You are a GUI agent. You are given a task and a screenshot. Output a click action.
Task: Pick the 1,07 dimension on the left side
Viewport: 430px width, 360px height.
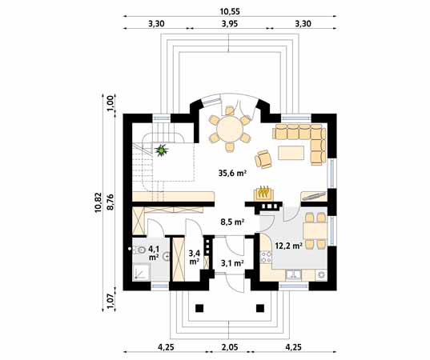111,301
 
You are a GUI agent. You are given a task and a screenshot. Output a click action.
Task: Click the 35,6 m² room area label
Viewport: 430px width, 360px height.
231,172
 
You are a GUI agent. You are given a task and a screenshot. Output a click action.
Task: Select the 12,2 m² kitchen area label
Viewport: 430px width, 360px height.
287,246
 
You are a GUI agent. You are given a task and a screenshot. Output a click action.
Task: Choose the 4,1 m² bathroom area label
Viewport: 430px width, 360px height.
154,253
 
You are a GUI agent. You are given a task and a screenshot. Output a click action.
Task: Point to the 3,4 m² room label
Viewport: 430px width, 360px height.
194,257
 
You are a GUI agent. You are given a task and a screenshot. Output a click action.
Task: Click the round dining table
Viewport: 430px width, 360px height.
229,129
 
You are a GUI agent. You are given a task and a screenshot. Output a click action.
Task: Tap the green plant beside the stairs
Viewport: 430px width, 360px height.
163,149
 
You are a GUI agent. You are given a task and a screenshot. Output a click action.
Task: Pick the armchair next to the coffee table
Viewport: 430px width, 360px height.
264,157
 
